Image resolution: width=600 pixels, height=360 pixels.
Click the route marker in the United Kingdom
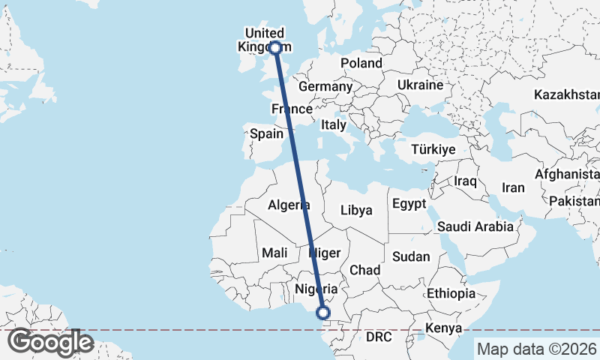[x=275, y=47]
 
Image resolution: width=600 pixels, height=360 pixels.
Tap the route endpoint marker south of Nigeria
[x=324, y=313]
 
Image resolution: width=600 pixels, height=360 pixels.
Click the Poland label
[x=361, y=64]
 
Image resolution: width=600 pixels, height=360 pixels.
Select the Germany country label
[x=325, y=86]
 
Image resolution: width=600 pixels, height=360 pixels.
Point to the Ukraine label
[x=420, y=85]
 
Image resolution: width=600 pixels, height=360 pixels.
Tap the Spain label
[x=267, y=134]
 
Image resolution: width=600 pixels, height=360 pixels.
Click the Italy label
[x=333, y=125]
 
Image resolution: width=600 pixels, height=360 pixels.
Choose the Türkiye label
[x=433, y=150]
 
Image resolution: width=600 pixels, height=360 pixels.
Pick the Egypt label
[x=409, y=204]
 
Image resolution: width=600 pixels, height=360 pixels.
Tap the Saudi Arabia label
[x=475, y=226]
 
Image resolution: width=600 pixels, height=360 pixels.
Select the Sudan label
[x=411, y=256]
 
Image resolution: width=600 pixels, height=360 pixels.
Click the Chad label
[x=365, y=270]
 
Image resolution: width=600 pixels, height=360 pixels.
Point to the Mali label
[x=275, y=253]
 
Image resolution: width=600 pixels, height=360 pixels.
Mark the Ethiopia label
[x=451, y=292]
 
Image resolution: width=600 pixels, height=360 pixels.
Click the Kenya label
[x=442, y=328]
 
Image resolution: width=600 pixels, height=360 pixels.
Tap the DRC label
[x=379, y=337]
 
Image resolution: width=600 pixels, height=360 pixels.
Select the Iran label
[x=513, y=187]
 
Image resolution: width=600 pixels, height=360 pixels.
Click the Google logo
[x=50, y=342]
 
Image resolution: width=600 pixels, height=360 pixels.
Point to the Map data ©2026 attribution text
[x=536, y=349]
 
